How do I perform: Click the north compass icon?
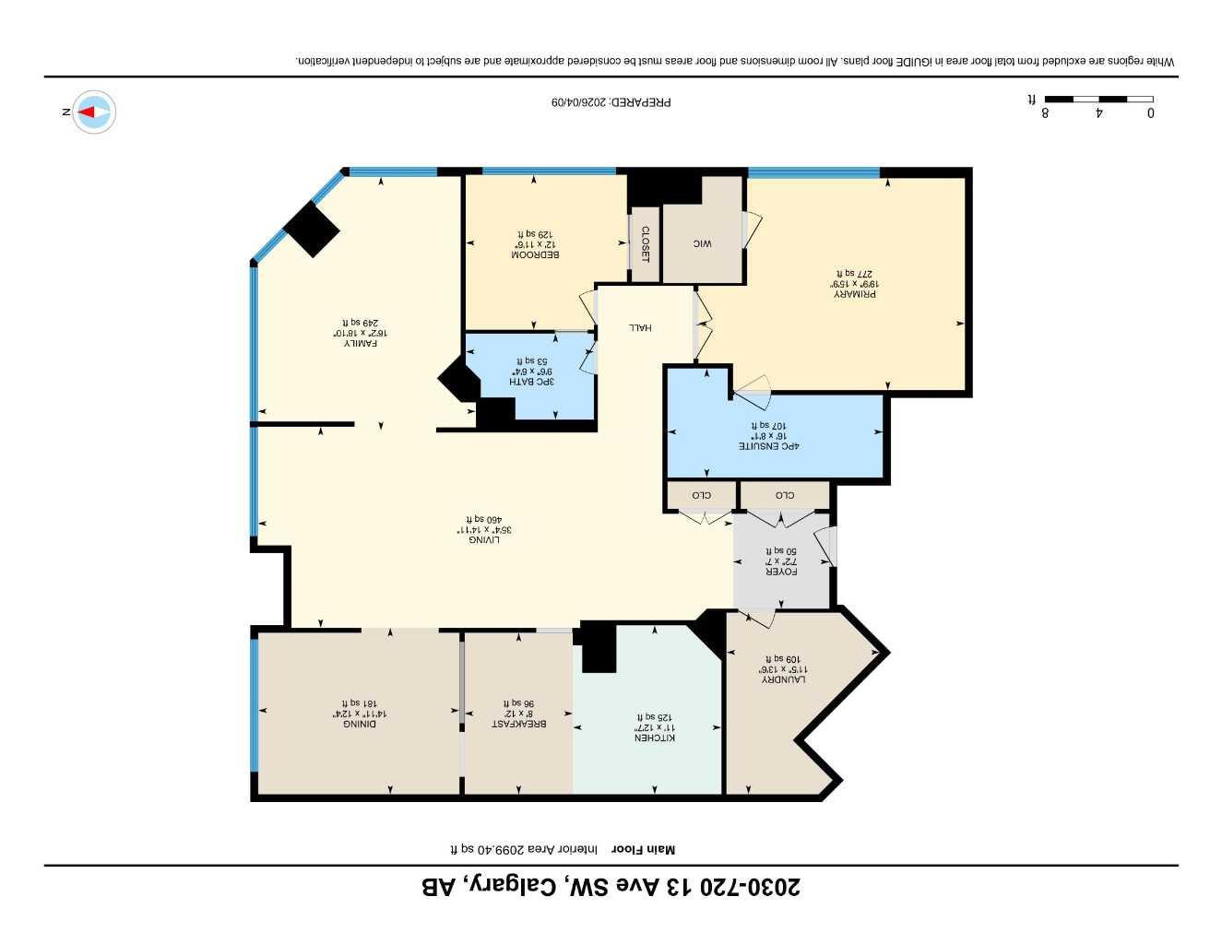tap(93, 112)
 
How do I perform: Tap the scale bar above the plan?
tap(1098, 100)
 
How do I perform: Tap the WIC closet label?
tap(703, 244)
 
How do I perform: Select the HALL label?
tap(640, 327)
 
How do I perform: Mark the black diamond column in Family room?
tap(312, 229)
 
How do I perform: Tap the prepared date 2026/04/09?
tap(611, 102)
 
